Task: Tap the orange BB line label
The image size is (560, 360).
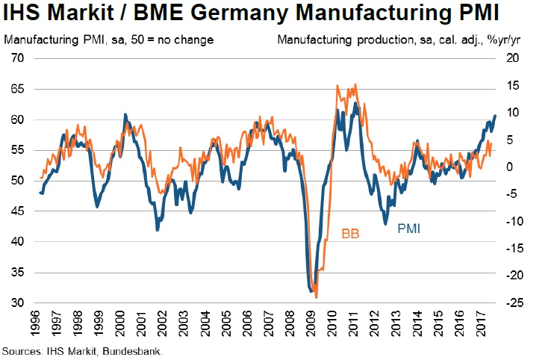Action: click(351, 234)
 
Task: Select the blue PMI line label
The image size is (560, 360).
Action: click(408, 229)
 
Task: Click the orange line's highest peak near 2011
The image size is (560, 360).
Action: click(355, 84)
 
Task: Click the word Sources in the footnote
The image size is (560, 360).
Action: click(22, 350)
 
